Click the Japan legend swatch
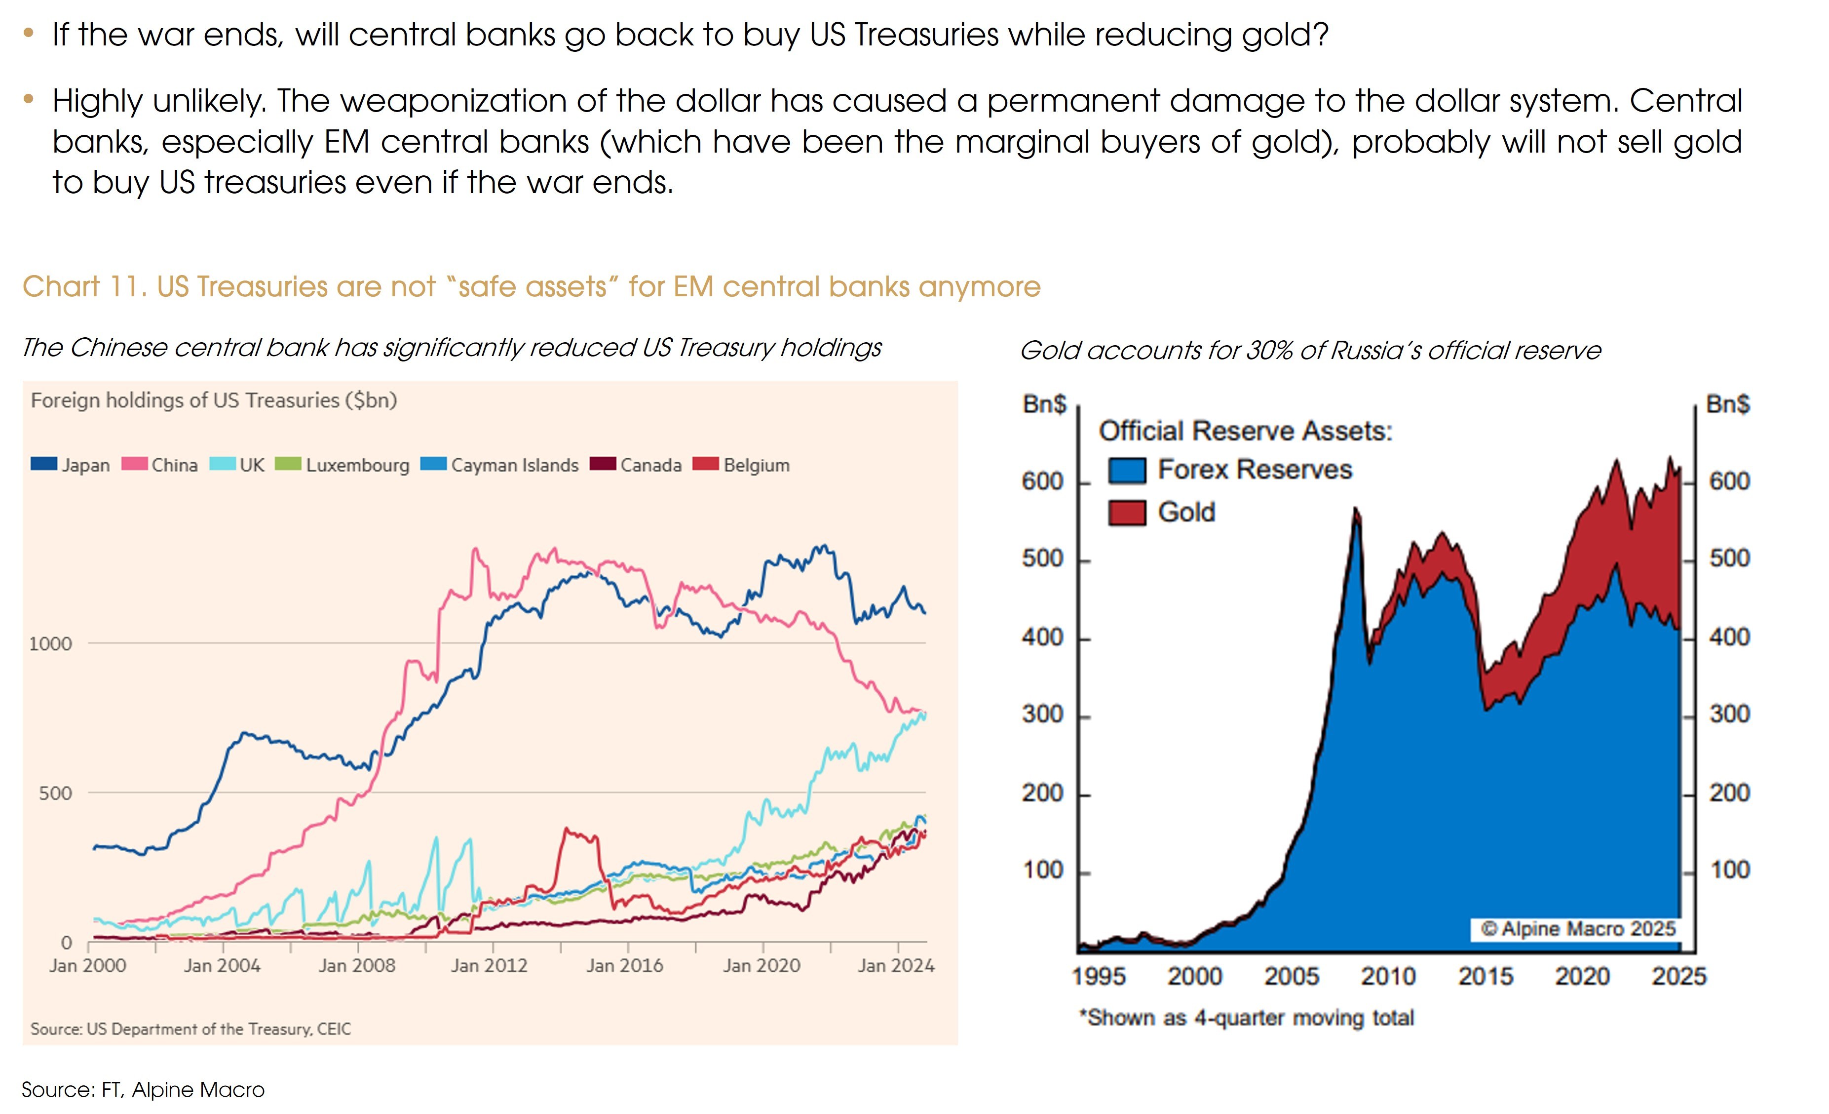[x=44, y=464]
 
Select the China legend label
[x=174, y=465]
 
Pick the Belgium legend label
[x=756, y=465]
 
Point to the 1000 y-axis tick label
[x=50, y=644]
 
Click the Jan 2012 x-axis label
[x=489, y=965]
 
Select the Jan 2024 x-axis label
[x=896, y=965]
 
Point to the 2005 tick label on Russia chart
[x=1292, y=976]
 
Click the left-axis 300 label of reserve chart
[x=1043, y=715]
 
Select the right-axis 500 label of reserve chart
[x=1729, y=558]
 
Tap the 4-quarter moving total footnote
[x=1247, y=1017]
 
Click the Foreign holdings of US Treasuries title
[x=214, y=400]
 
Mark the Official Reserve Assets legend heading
[x=1245, y=431]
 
